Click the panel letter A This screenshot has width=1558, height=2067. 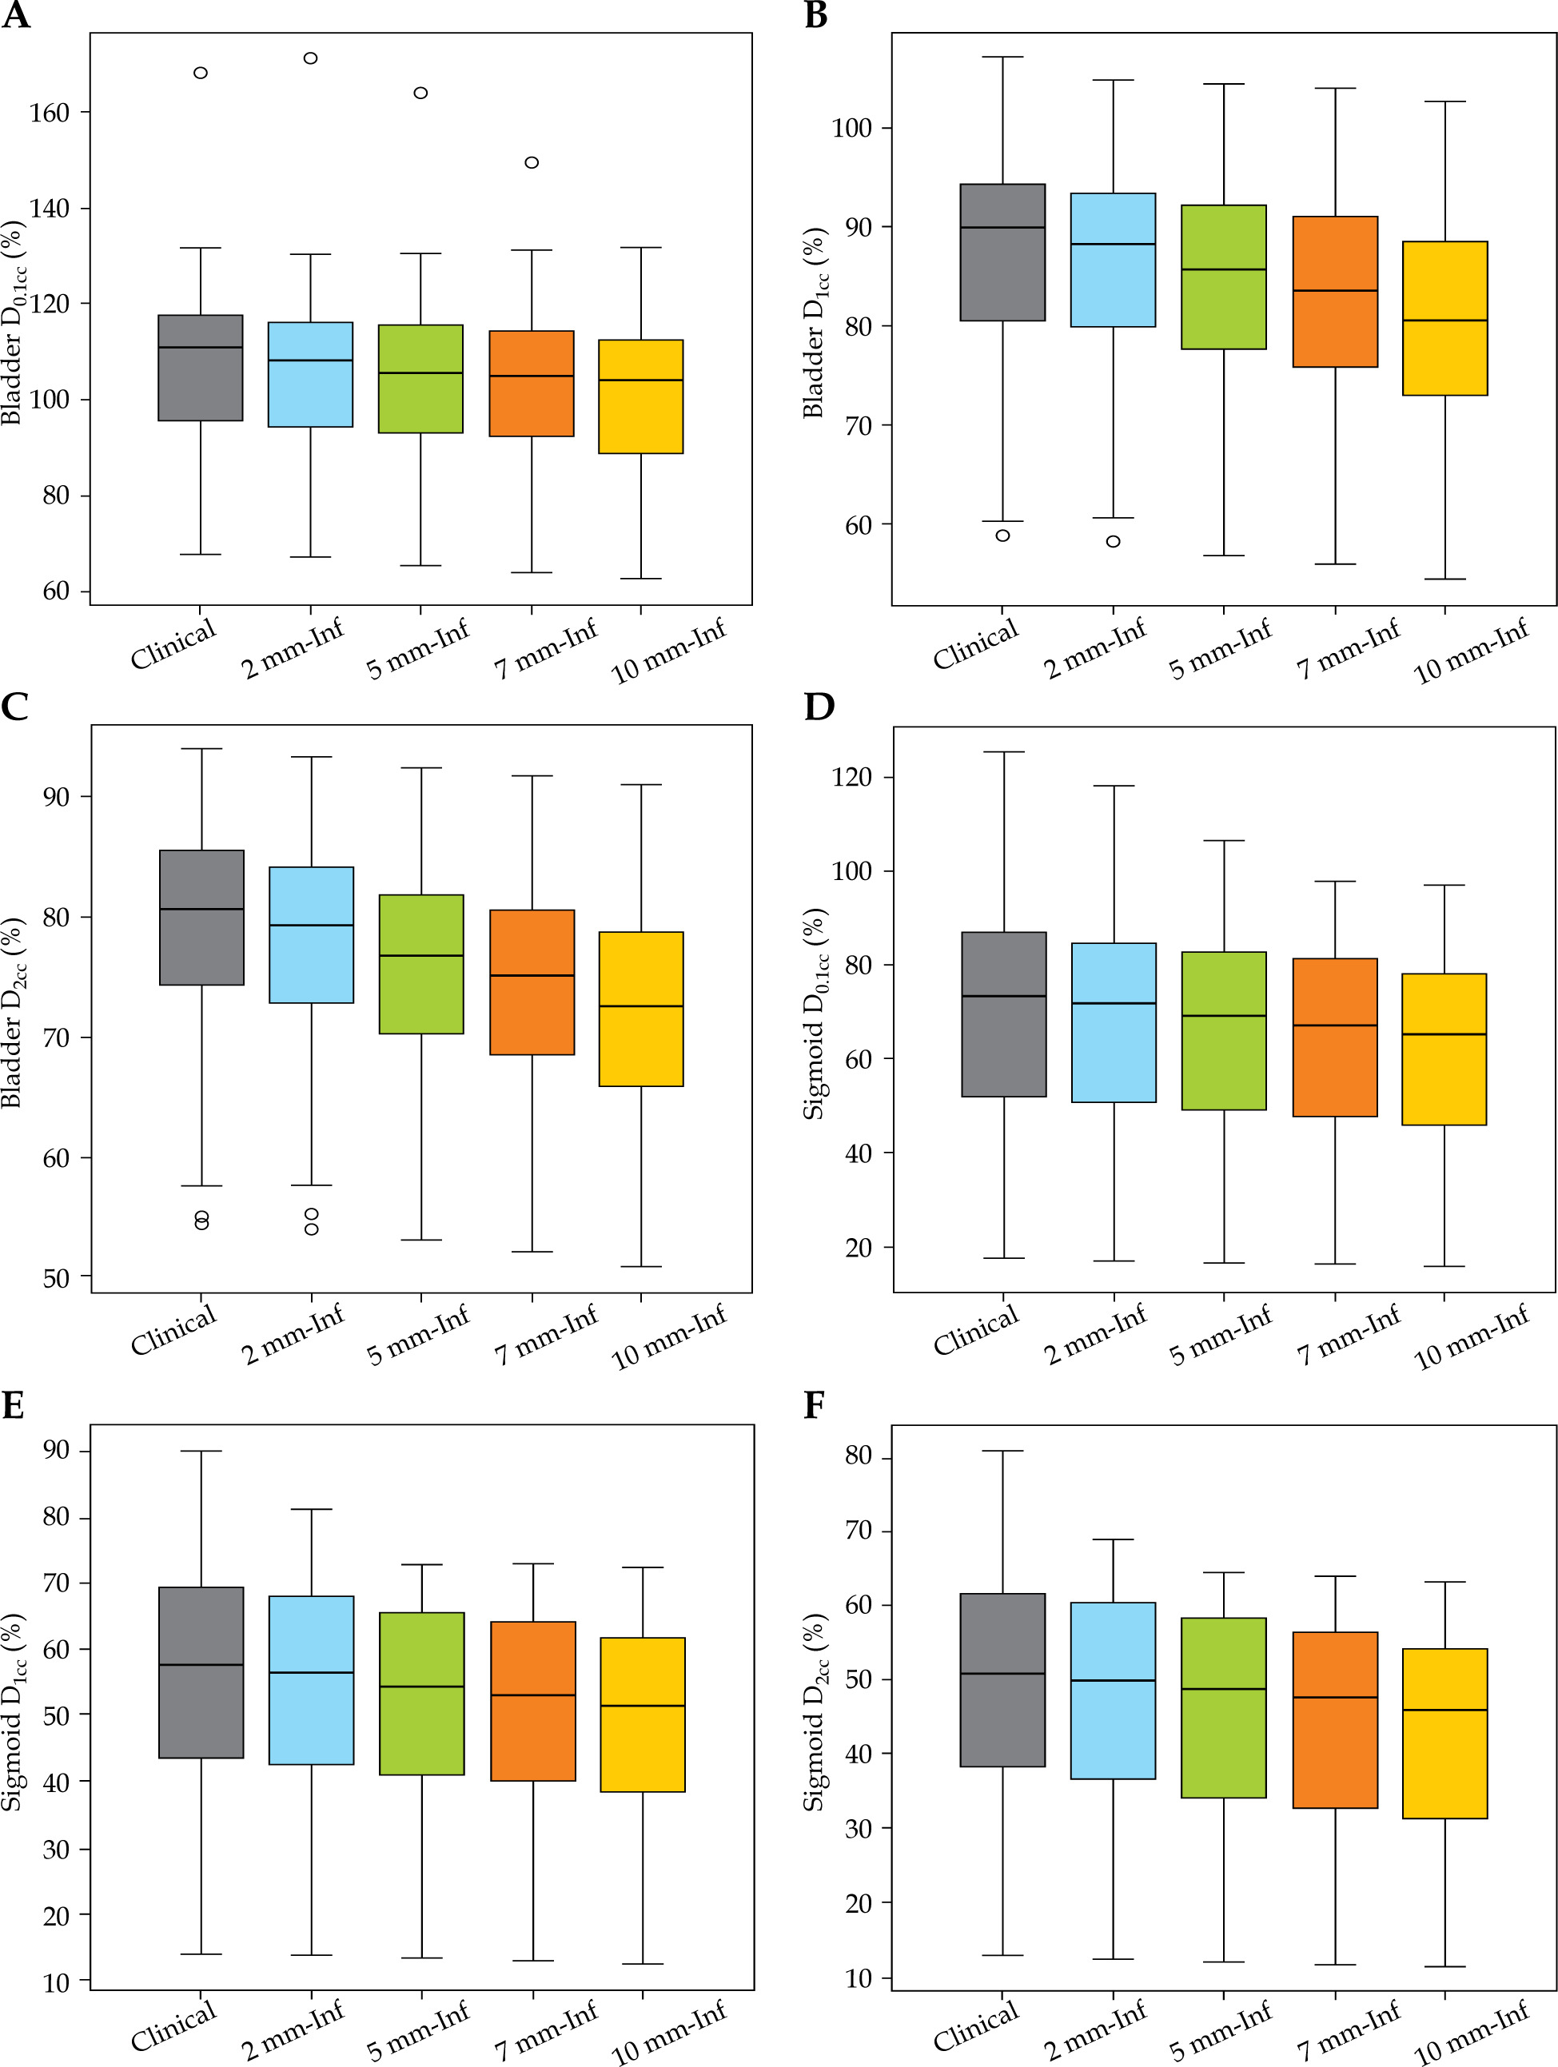coord(15,16)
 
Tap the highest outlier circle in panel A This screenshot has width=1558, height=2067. coord(310,58)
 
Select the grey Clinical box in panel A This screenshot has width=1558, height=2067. coord(200,368)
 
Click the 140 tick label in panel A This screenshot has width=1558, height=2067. coord(50,209)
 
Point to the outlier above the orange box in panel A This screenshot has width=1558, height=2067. coord(532,162)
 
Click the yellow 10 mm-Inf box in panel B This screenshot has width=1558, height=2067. coord(1445,319)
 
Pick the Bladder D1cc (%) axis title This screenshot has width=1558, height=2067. coord(815,322)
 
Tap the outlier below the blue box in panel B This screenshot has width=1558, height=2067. coord(1113,541)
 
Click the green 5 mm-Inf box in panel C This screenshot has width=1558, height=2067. coord(421,964)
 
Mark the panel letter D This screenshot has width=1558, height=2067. coord(819,707)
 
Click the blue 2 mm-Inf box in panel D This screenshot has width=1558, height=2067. coord(1113,1022)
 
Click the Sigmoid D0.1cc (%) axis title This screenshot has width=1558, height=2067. coord(815,1013)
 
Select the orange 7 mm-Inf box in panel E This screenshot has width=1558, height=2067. coord(532,1701)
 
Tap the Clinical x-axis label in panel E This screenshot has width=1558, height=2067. coord(173,2025)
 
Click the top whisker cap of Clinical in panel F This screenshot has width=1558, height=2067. coord(1003,1452)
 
